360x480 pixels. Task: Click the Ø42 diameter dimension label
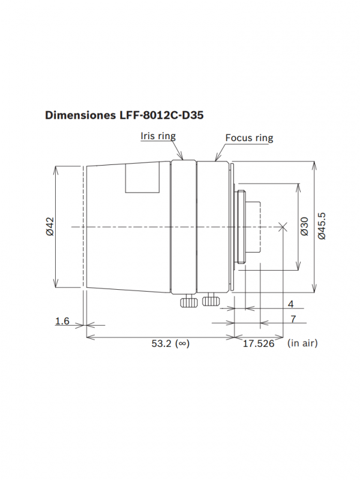pos(50,227)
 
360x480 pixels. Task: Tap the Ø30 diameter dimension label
pos(305,227)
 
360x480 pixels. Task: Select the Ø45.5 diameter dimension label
pos(322,226)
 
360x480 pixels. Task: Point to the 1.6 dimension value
pos(62,321)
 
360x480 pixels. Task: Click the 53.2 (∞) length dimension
pos(170,343)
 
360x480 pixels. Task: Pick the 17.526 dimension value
pos(259,343)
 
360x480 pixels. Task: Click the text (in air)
pos(302,343)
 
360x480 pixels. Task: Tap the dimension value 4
pos(290,304)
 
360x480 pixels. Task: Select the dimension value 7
pos(293,319)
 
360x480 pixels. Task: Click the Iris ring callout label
pos(158,136)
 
